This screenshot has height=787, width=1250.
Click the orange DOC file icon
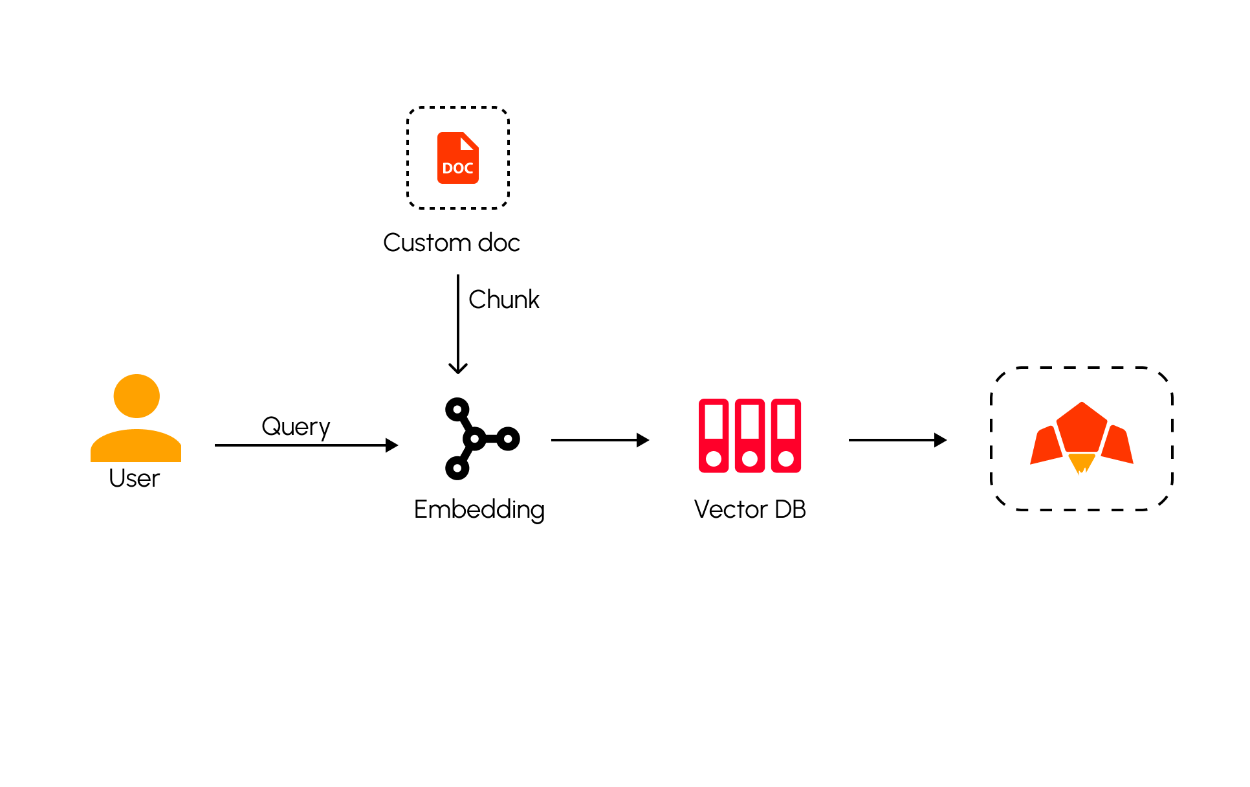(x=458, y=159)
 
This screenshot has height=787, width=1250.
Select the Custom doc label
(x=452, y=243)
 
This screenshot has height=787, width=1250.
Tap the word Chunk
(x=503, y=300)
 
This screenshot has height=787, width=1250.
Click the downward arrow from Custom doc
(x=458, y=324)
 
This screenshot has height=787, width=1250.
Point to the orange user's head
(x=137, y=395)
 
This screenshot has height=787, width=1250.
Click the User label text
(x=134, y=478)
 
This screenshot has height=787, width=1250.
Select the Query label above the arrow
(x=296, y=427)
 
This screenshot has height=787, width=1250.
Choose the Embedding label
(x=479, y=509)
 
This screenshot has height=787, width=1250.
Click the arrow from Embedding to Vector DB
(x=599, y=440)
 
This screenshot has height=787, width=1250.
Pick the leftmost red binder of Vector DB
(x=714, y=436)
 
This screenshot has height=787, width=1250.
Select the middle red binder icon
(x=750, y=436)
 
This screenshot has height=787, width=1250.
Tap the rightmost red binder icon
(x=786, y=436)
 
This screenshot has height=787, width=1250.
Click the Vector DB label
(x=750, y=509)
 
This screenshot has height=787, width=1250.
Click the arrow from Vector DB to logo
(x=897, y=440)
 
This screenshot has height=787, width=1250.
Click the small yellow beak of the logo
(x=1081, y=463)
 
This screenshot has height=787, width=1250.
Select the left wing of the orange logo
(x=1046, y=446)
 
